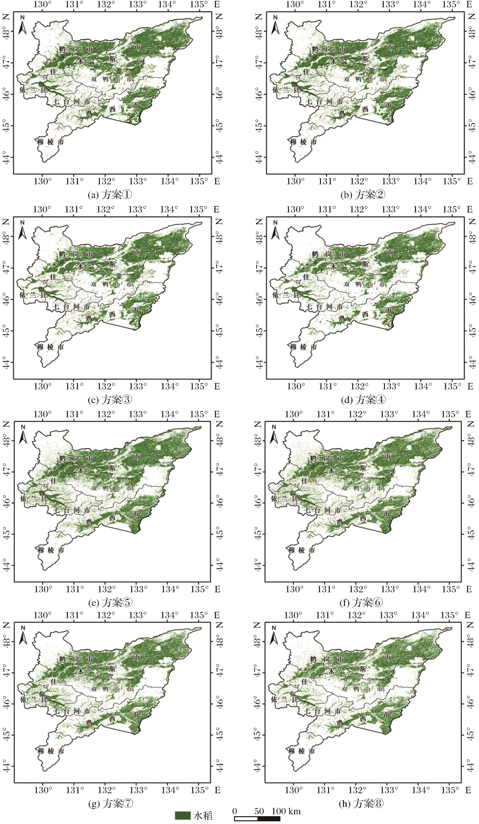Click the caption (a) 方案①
pos(110,195)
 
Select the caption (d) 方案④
pos(363,400)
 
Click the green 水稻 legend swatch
pos(183,815)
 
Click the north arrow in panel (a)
pos(22,25)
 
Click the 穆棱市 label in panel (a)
pos(50,142)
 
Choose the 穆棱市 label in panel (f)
pos(302,550)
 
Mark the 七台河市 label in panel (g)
pos(72,711)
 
